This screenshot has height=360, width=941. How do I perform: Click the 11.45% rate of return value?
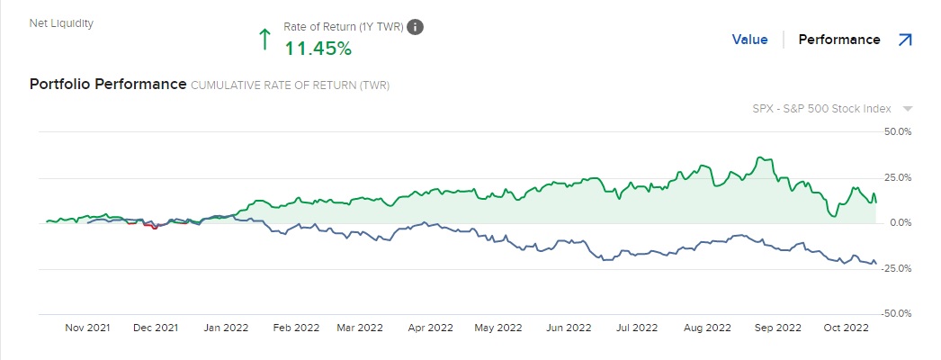point(318,49)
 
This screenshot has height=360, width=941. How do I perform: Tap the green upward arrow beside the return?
point(264,39)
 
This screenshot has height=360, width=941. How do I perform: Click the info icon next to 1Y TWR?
point(415,27)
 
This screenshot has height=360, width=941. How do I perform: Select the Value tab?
point(749,40)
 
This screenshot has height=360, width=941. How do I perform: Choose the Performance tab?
point(839,40)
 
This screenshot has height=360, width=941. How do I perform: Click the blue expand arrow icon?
point(905,40)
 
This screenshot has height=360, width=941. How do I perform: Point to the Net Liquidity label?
point(62,23)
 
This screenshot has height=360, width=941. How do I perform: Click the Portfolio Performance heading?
point(107,85)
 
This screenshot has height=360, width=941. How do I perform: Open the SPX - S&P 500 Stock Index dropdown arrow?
point(908,109)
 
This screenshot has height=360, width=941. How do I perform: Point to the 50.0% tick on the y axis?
point(899,131)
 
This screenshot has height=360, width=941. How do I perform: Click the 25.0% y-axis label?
point(899,177)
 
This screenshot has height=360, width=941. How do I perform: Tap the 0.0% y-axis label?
point(901,222)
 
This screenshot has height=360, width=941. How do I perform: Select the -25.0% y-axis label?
point(898,268)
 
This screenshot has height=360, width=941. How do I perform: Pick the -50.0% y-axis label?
point(898,314)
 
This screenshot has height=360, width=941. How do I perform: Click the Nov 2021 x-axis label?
point(87,328)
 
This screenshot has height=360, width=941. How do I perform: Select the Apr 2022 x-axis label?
point(429,328)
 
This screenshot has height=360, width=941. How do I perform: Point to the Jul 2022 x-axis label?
point(638,328)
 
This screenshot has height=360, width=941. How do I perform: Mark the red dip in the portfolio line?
point(154,227)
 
